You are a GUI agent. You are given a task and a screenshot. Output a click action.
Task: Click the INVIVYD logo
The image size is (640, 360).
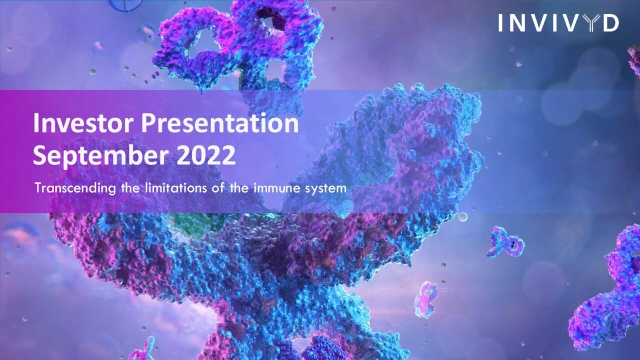558,23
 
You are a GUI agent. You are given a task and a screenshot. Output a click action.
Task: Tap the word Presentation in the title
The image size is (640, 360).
220,123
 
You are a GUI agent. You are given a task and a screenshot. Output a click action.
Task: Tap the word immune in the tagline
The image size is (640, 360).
273,188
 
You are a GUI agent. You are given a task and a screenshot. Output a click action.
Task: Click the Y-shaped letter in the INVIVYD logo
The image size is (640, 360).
592,23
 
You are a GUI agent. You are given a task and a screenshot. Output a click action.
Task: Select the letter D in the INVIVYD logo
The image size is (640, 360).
611,23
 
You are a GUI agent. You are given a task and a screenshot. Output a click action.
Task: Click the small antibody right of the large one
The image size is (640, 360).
505,242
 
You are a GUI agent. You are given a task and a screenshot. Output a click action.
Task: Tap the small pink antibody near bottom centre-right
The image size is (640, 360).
426,300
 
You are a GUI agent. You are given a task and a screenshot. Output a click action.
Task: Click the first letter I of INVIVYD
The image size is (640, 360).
500,23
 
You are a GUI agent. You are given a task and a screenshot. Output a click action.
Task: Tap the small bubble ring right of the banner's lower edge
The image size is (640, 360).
462,217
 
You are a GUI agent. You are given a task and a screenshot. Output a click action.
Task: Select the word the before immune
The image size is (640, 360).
239,188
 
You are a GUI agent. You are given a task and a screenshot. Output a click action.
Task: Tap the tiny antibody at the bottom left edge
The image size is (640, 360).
144,349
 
